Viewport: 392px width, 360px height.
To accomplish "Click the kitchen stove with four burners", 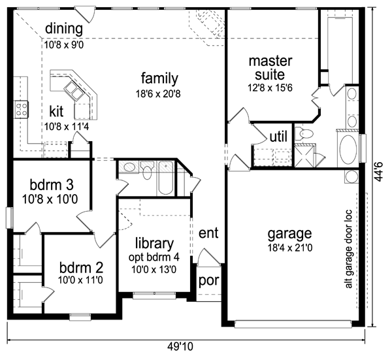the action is (x=22, y=110).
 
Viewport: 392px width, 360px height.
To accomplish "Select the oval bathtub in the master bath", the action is (x=348, y=149).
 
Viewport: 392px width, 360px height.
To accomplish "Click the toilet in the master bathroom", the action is (x=304, y=133).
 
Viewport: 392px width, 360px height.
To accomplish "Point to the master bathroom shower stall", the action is (x=304, y=156).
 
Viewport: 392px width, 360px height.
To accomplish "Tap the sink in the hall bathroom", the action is (x=129, y=167).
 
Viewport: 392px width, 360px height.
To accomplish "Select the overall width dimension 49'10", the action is (x=180, y=347).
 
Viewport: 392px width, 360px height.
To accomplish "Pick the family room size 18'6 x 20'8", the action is (x=158, y=94).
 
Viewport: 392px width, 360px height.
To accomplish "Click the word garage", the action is (x=289, y=234).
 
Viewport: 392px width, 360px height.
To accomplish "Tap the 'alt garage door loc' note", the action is (x=348, y=249).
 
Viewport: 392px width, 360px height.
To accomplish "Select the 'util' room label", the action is (x=278, y=137).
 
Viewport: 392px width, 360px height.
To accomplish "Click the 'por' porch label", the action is (x=209, y=281).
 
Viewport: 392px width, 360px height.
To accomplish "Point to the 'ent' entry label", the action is (x=208, y=233).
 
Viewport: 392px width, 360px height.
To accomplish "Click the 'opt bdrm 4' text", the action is (x=154, y=257).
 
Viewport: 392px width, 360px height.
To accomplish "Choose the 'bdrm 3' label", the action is (x=52, y=185).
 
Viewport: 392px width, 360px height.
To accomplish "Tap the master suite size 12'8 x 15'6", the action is (x=270, y=88).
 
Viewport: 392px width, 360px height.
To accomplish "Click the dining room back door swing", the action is (x=86, y=14).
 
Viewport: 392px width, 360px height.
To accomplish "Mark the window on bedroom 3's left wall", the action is (x=10, y=218).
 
